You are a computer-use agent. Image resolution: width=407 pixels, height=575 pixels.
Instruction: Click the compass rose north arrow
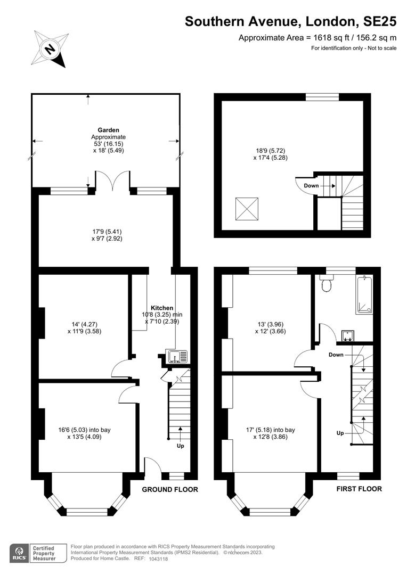coord(51,50)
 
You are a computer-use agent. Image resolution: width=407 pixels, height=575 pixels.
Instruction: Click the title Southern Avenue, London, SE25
coord(290,21)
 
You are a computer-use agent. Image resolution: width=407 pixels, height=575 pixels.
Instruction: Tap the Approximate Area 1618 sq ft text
coord(318,38)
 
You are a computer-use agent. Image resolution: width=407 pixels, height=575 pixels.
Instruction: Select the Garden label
coord(108,130)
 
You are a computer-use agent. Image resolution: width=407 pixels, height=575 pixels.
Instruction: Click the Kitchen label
coord(162,308)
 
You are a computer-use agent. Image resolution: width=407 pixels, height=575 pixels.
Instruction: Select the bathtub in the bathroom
coord(364,293)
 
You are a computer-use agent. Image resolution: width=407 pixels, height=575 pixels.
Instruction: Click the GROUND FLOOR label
coord(170,489)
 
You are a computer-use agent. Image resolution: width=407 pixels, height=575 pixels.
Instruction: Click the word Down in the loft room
coord(312,186)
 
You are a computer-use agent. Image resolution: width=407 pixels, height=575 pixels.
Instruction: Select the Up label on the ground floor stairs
coord(180,446)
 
